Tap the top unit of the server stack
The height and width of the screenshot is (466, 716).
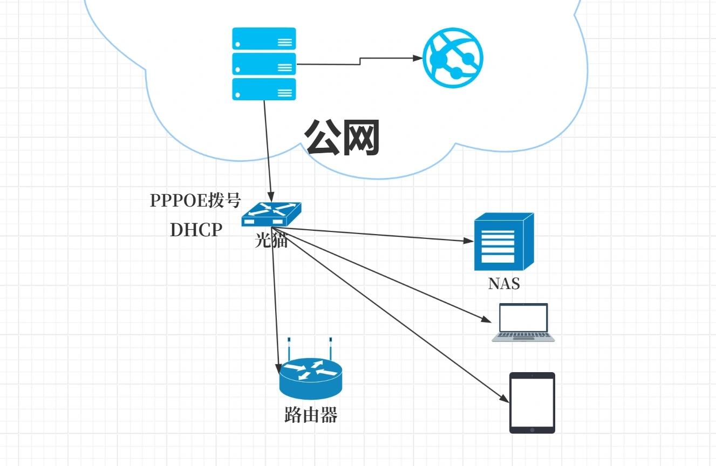[264, 38]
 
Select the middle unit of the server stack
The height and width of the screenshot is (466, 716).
[264, 64]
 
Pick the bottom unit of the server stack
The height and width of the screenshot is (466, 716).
[264, 89]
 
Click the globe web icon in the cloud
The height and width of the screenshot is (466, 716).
[453, 59]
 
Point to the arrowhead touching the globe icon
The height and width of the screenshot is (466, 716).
[418, 58]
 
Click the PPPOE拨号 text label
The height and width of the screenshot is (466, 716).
[195, 200]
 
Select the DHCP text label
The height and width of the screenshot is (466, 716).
[196, 230]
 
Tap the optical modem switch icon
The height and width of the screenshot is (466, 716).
[271, 215]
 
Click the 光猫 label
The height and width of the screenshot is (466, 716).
[271, 241]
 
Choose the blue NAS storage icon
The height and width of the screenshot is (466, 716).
[503, 242]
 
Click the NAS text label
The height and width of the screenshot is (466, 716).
[504, 283]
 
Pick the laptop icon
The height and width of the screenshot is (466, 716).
[523, 323]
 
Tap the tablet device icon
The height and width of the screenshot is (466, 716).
[532, 402]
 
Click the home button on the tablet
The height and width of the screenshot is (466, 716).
[532, 430]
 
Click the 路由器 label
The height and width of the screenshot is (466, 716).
[311, 415]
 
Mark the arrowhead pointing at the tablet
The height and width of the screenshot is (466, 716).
[506, 400]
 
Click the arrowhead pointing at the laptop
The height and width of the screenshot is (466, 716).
[487, 320]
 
